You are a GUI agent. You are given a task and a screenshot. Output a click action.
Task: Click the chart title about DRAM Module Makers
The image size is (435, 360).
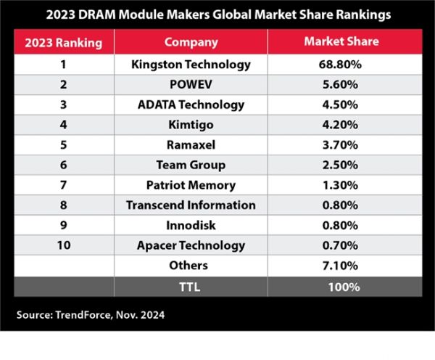(x=217, y=14)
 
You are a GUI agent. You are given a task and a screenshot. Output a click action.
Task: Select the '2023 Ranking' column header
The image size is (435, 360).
(x=63, y=41)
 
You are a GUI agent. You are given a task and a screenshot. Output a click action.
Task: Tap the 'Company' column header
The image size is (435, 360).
(x=191, y=41)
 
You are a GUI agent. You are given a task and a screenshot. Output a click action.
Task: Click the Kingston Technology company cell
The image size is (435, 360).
(x=191, y=64)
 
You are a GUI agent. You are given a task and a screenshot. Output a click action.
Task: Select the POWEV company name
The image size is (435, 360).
(x=191, y=84)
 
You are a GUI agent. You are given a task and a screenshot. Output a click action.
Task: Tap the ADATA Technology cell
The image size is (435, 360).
(x=191, y=105)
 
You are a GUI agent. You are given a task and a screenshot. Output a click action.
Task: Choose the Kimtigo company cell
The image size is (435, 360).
(x=191, y=124)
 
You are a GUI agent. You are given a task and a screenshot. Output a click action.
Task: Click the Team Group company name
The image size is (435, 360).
(x=191, y=165)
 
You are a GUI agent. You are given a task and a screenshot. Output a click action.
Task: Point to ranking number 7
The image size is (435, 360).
(x=63, y=185)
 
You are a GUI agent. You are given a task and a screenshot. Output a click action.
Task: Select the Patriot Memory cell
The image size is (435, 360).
(x=191, y=185)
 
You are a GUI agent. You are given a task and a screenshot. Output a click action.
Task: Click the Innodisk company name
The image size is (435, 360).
(x=191, y=225)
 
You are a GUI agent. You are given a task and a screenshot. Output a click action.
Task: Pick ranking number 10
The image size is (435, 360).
(x=63, y=245)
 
